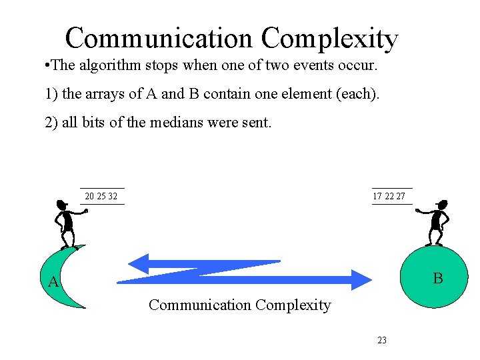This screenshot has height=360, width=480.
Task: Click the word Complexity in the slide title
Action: (329, 39)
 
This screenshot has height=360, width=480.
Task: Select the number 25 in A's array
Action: (101, 197)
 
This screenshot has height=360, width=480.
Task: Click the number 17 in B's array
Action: (378, 197)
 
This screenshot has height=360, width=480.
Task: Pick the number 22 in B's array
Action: (389, 197)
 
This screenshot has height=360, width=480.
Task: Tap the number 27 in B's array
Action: (401, 197)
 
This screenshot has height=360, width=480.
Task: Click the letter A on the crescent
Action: (54, 283)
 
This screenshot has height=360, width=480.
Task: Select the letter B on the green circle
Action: (437, 278)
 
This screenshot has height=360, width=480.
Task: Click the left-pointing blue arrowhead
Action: (141, 262)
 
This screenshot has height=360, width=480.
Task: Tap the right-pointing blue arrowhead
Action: (361, 279)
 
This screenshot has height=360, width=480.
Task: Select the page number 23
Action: (382, 340)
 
